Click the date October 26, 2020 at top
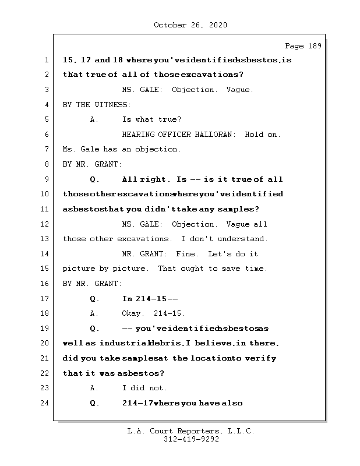(x=190, y=25)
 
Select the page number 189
(x=314, y=46)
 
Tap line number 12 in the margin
(x=47, y=224)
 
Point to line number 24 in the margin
(x=47, y=403)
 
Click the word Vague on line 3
(x=240, y=90)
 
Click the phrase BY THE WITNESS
(x=97, y=105)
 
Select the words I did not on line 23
(x=144, y=388)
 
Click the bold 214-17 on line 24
(x=137, y=403)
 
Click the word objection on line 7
(x=157, y=149)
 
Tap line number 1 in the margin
(x=47, y=60)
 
